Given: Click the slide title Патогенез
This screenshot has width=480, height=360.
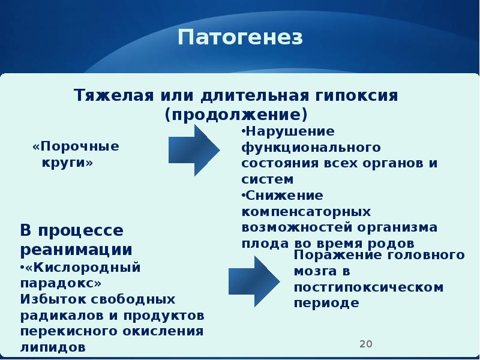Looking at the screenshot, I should [x=240, y=38].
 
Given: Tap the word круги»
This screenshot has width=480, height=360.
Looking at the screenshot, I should [x=68, y=163].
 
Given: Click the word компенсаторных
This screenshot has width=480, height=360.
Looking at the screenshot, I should [x=306, y=212].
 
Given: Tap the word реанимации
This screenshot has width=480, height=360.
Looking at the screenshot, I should [x=77, y=249].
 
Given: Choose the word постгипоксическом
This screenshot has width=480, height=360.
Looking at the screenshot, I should [x=368, y=287].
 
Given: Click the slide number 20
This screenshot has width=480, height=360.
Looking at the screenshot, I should [x=365, y=344].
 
